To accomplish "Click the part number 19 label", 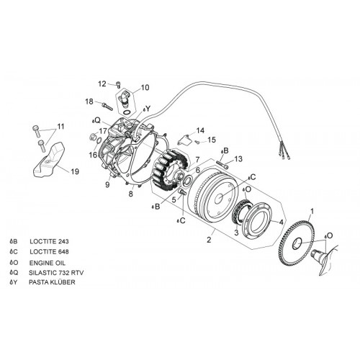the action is (x=74, y=171).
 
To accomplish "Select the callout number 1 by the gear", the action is (x=312, y=211).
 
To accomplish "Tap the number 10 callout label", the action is (x=145, y=87).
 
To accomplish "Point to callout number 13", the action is (x=238, y=159).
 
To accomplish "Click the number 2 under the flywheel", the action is (x=209, y=239).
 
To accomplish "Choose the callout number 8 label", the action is (x=130, y=194).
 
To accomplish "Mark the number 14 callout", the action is (x=200, y=130).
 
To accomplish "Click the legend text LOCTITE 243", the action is (x=49, y=241).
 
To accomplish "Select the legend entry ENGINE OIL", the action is (x=48, y=263).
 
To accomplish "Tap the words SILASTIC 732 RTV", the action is (x=56, y=273).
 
